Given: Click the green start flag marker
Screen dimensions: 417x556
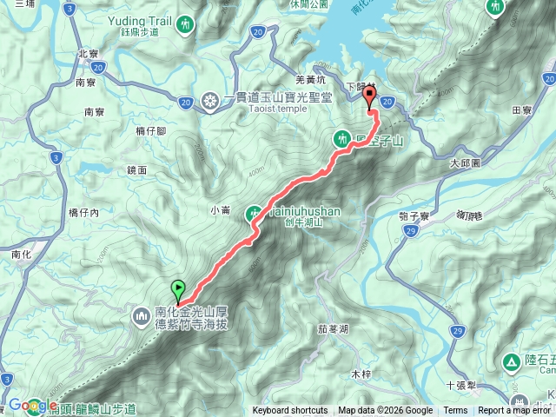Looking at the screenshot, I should (x=178, y=288).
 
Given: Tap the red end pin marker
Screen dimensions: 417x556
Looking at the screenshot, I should (x=369, y=97).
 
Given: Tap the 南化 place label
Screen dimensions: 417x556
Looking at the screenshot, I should (x=22, y=255).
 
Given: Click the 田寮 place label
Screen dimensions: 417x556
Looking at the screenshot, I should (x=521, y=110).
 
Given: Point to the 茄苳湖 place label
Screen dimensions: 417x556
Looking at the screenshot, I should (x=333, y=329).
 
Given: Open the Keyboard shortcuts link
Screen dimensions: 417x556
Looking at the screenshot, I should (x=290, y=411).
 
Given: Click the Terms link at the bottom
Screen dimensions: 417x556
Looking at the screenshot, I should (x=455, y=411).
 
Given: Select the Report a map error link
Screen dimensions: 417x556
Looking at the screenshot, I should (x=515, y=411).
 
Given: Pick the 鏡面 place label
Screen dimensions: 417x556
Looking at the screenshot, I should (x=136, y=171).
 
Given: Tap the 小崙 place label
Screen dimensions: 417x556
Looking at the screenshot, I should (x=220, y=208).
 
